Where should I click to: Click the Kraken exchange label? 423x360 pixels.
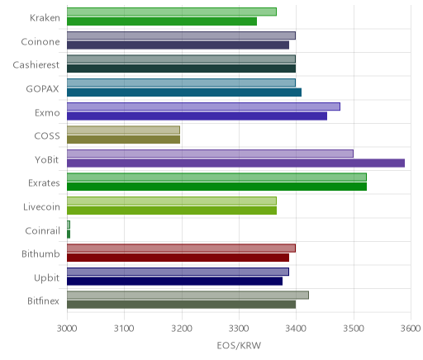pos(45,18)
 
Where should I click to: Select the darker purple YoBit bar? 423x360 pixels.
pos(235,163)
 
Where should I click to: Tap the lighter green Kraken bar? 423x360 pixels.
pos(172,12)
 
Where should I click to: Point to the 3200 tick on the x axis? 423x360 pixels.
pos(182,329)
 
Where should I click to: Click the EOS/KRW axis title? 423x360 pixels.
pos(239,345)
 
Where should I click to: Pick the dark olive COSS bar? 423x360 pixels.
pos(123,140)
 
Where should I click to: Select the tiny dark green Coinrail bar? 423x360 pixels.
pos(69,234)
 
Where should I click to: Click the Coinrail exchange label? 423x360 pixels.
pos(42,230)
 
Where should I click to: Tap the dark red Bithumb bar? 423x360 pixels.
pos(178,258)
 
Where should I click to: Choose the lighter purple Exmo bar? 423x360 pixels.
pos(203,107)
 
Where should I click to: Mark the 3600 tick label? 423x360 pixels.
pos(411,329)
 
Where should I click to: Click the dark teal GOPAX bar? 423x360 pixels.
pos(184,92)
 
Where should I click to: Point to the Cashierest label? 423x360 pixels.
pos(36,65)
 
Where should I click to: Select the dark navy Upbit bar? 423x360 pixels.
pos(174,282)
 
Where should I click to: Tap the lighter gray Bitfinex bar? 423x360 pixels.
pos(188,295)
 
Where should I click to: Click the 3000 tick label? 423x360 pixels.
pos(67,329)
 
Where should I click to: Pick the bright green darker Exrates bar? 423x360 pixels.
pos(216,187)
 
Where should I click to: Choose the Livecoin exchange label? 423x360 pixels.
pos(41,207)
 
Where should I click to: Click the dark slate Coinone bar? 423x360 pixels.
pos(178,45)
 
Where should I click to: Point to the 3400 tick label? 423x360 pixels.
pos(296,329)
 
